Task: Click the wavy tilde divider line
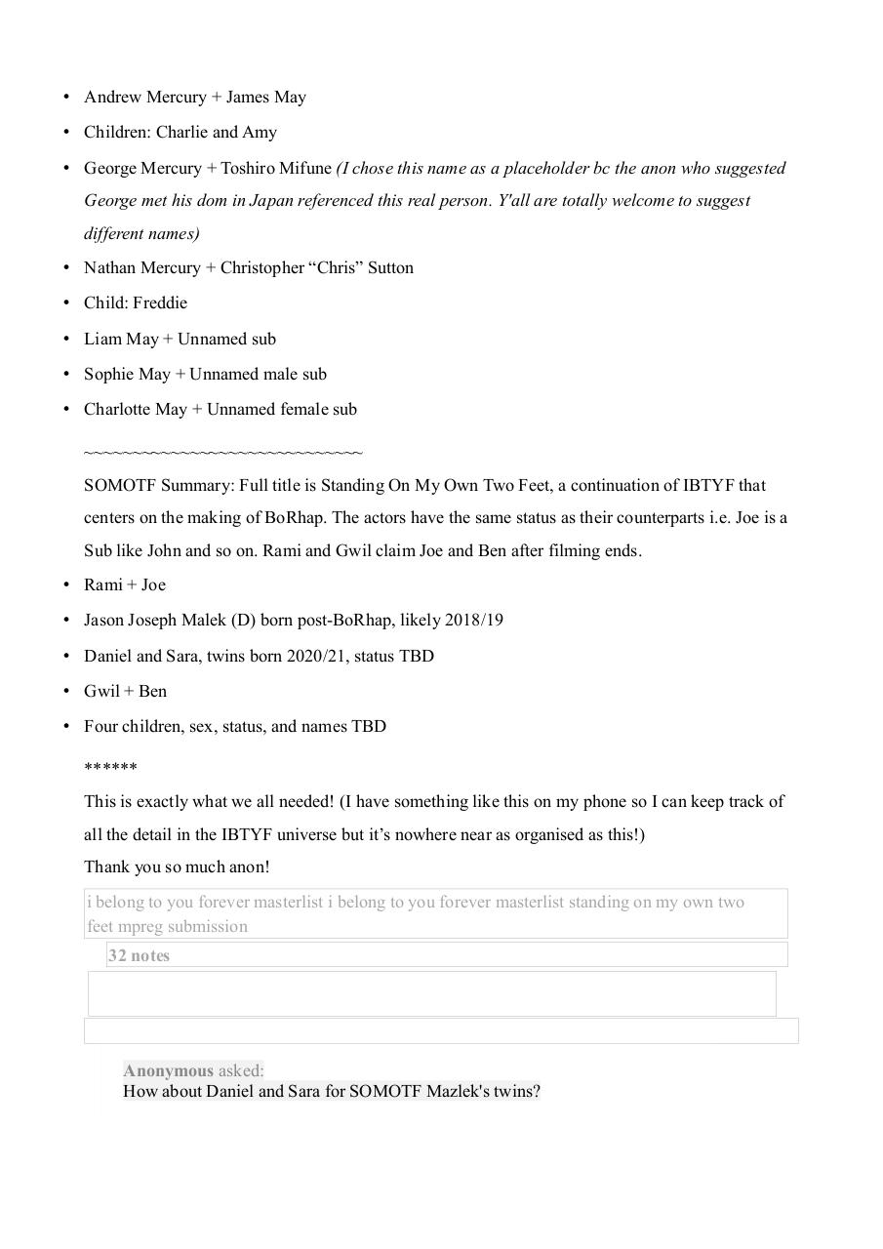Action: [223, 453]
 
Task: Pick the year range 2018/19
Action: [474, 620]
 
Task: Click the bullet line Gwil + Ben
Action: [125, 691]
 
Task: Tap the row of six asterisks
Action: [110, 768]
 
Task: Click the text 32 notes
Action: [139, 955]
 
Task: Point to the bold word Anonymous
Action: [168, 1070]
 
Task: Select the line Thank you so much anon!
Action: [177, 866]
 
